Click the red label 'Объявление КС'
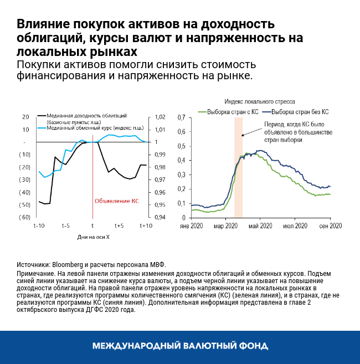coord(117,201)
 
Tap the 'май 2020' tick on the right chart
coord(261,226)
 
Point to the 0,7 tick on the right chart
coord(181,118)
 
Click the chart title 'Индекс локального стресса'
coord(259,102)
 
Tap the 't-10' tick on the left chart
coord(39,226)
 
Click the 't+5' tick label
coord(119,226)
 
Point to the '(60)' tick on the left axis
coord(25,217)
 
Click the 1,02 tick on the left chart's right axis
coord(158,117)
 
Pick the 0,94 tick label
coord(158,217)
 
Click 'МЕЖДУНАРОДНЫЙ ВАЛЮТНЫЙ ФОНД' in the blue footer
coord(180,346)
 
